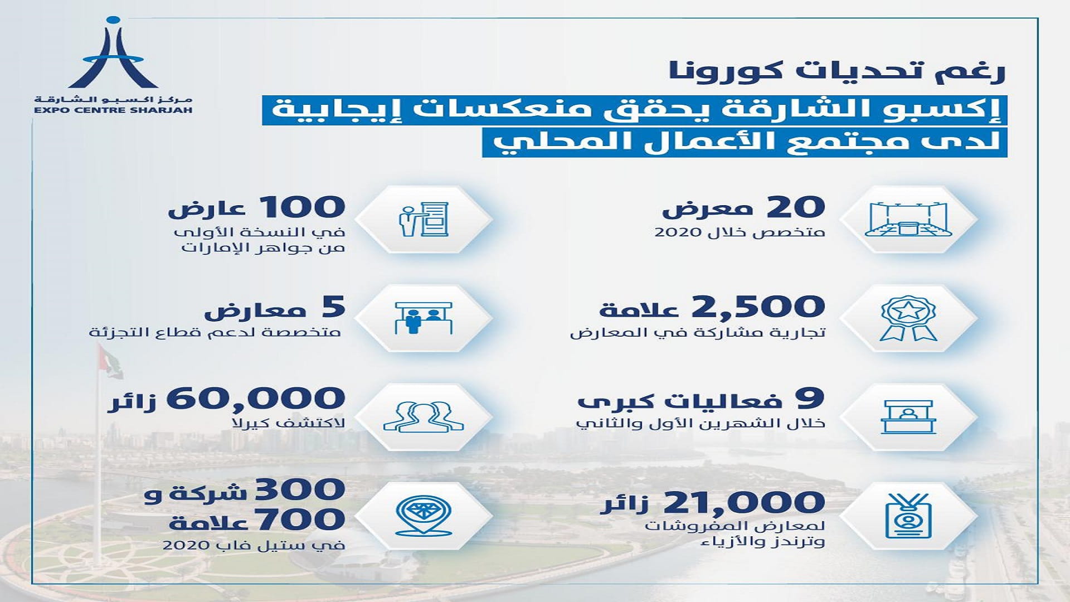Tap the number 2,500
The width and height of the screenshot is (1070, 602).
758,306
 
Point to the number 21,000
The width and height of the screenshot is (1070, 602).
744,502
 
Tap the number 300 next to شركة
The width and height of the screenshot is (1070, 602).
300,491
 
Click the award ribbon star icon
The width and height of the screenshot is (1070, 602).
908,318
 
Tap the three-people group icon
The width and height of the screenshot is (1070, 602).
423,416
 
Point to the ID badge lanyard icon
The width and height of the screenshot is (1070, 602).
908,514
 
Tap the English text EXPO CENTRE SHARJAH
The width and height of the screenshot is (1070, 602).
113,110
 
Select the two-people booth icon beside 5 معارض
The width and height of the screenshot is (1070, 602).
423,318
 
